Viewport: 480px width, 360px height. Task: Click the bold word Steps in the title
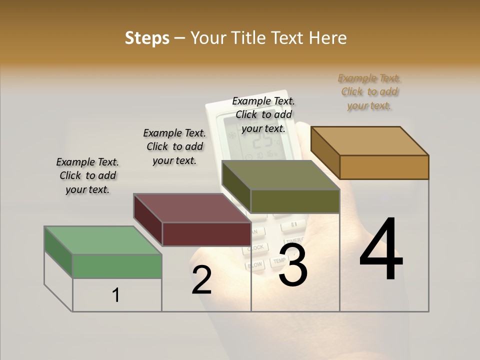(147, 38)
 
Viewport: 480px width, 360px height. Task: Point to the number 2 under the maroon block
(201, 280)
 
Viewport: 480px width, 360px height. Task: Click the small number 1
(116, 295)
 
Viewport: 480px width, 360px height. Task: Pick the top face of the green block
(103, 240)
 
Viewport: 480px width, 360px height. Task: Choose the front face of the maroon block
(206, 234)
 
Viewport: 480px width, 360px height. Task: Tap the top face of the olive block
(280, 175)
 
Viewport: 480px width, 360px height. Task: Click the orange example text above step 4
(369, 92)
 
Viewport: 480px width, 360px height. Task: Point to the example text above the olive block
(263, 115)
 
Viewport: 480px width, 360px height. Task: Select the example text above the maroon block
(174, 147)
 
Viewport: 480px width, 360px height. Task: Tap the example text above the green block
(87, 176)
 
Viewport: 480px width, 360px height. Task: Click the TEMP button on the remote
(278, 260)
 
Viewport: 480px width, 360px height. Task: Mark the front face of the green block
(117, 266)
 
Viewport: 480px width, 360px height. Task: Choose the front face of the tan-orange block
(384, 167)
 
